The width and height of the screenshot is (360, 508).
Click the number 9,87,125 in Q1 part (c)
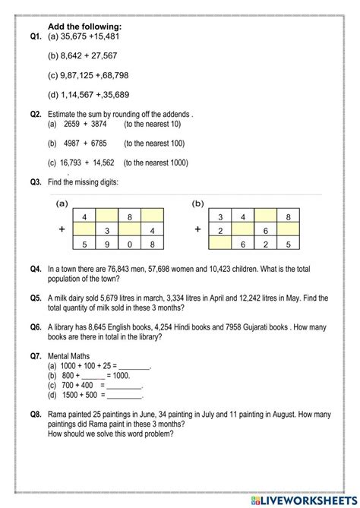tap(79, 75)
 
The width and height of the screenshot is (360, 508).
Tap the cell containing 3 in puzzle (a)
tap(108, 230)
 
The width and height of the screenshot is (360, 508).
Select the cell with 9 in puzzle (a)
tap(108, 245)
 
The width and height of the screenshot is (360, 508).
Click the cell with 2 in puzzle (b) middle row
tap(220, 230)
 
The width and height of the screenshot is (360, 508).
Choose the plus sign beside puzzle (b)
tap(198, 229)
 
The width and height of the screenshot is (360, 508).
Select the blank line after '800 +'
tap(93, 376)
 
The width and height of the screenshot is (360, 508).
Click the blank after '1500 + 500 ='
tap(125, 396)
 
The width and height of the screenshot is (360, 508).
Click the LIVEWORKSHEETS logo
tap(307, 494)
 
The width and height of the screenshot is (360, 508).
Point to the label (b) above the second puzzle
tap(198, 204)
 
